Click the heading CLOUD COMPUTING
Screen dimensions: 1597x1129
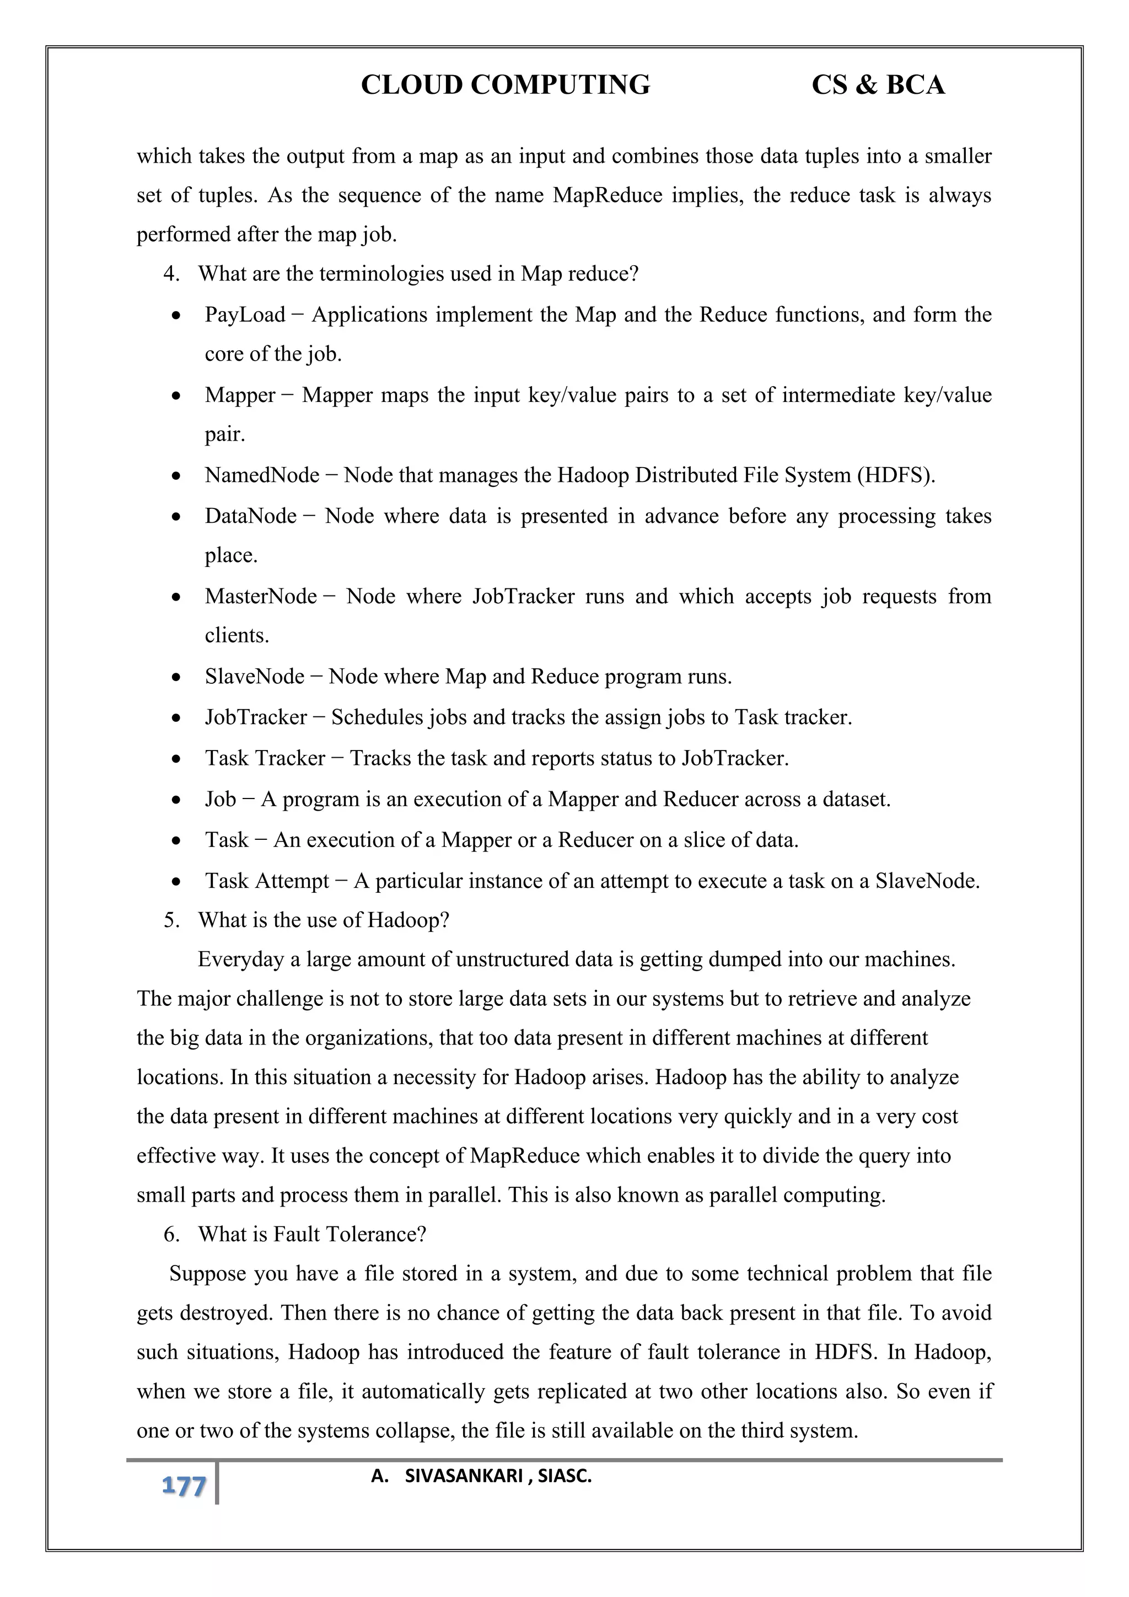[506, 85]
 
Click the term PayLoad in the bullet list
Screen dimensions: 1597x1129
[245, 315]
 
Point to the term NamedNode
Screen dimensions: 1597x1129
[261, 475]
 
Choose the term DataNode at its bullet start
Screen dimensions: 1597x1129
[250, 516]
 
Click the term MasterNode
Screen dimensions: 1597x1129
[261, 596]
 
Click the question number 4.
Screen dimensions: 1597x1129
[171, 274]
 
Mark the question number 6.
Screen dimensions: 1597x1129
[171, 1235]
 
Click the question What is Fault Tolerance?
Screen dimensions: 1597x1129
[312, 1235]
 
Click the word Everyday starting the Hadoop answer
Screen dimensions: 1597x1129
[240, 960]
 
